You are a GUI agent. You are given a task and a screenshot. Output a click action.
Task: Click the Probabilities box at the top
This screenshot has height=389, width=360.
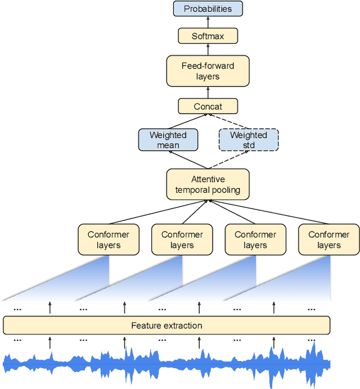(x=208, y=9)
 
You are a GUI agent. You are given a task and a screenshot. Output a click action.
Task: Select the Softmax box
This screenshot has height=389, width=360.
(x=208, y=36)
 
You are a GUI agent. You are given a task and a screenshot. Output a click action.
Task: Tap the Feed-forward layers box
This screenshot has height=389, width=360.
(x=208, y=71)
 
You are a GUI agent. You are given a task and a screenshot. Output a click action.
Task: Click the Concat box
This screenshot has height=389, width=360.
(x=208, y=106)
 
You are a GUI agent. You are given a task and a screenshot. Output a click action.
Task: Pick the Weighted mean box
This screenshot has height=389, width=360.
(x=168, y=140)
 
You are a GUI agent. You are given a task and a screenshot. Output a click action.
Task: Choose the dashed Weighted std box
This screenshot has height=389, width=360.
(x=248, y=140)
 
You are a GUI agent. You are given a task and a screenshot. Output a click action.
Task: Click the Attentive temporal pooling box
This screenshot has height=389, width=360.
(x=208, y=184)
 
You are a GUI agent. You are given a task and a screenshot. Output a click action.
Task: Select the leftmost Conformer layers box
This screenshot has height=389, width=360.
(x=109, y=239)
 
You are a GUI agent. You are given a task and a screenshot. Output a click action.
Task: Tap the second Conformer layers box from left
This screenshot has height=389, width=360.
(x=182, y=239)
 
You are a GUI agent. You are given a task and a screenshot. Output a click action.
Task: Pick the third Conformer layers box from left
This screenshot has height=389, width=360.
(x=255, y=239)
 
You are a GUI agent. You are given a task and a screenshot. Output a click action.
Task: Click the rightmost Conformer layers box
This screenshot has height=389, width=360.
(x=328, y=239)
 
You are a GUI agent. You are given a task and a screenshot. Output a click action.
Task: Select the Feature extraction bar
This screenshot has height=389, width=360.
(x=166, y=325)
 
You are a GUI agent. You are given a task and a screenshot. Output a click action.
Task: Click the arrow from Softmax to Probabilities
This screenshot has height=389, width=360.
(x=208, y=22)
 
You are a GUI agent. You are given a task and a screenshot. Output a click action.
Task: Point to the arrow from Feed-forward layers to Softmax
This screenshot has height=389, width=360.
(x=208, y=49)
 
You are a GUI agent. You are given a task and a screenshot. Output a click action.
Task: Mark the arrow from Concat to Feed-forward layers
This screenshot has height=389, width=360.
(x=208, y=92)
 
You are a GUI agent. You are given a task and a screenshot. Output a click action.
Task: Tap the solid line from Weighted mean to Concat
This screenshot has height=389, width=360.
(x=186, y=121)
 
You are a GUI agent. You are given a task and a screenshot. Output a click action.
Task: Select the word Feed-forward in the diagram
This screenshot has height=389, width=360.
(x=208, y=66)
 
